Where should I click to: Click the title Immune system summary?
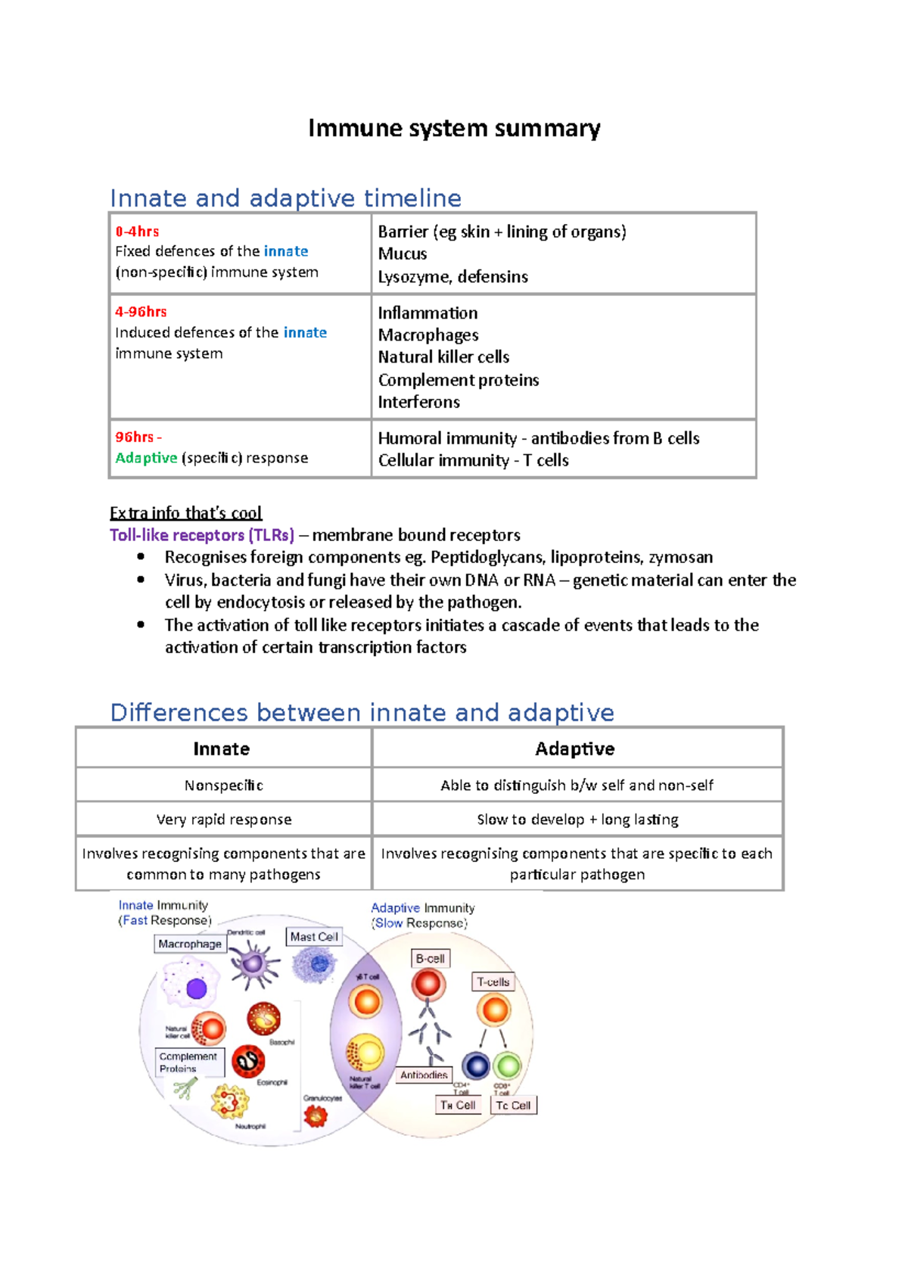coord(454,129)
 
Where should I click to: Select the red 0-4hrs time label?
coord(137,232)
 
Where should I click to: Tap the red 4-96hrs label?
coord(141,312)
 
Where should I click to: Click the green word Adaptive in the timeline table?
coord(146,458)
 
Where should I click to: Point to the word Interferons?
coord(418,402)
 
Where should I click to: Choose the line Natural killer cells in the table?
coord(443,357)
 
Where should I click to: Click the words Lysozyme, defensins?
coord(452,277)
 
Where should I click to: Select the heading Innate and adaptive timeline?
coord(285,198)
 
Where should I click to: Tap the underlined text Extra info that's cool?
coord(185,513)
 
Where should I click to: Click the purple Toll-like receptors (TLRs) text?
coord(202,535)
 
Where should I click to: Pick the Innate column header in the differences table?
coord(221,749)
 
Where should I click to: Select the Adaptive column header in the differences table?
coord(574,749)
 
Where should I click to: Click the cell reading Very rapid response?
coord(224,820)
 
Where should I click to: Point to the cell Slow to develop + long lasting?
coord(577,820)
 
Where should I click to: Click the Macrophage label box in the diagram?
coord(190,944)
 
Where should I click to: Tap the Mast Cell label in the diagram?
coord(314,937)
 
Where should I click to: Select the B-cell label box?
coord(430,958)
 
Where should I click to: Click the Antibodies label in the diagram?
coord(424,1075)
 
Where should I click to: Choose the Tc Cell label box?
coord(513,1105)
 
